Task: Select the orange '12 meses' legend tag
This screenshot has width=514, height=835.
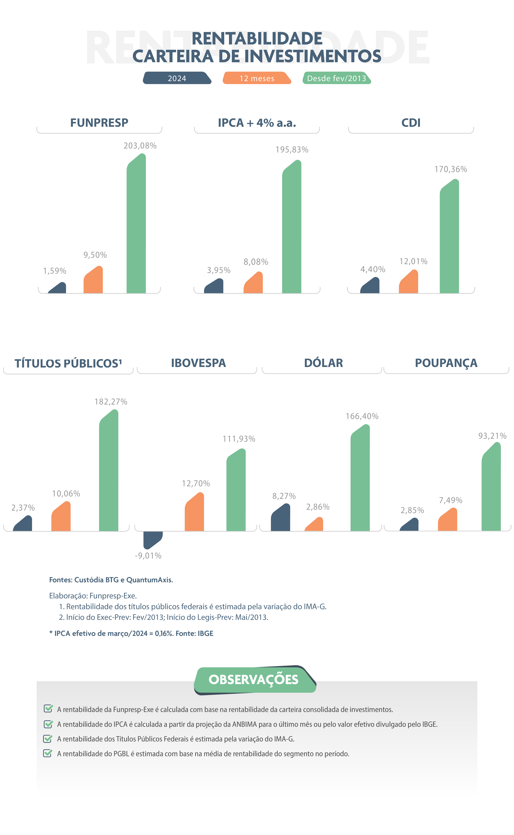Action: tap(257, 78)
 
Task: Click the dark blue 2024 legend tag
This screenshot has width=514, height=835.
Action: tap(177, 78)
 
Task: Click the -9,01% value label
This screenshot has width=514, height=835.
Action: tap(148, 556)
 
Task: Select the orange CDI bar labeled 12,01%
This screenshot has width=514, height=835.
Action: tap(409, 282)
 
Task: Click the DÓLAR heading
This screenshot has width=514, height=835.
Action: tap(323, 363)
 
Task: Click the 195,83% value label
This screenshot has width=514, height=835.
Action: tap(292, 150)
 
